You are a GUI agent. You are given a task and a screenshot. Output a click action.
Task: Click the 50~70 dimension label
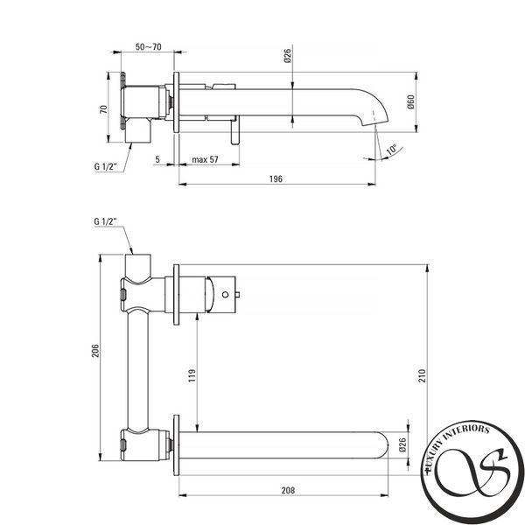149,47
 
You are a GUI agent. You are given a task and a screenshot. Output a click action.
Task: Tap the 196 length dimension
276,178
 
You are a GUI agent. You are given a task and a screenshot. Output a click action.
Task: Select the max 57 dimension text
205,160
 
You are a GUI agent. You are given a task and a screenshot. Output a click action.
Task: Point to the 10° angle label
392,150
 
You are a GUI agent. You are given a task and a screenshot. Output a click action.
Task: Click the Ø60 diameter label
411,101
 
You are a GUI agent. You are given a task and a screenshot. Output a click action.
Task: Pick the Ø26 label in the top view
288,56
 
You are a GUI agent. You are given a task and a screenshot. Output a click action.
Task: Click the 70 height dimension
104,109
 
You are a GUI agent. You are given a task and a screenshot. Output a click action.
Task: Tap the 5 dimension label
157,160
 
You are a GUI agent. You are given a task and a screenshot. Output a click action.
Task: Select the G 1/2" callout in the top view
105,166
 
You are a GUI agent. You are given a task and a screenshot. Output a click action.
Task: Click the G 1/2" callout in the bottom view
105,221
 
